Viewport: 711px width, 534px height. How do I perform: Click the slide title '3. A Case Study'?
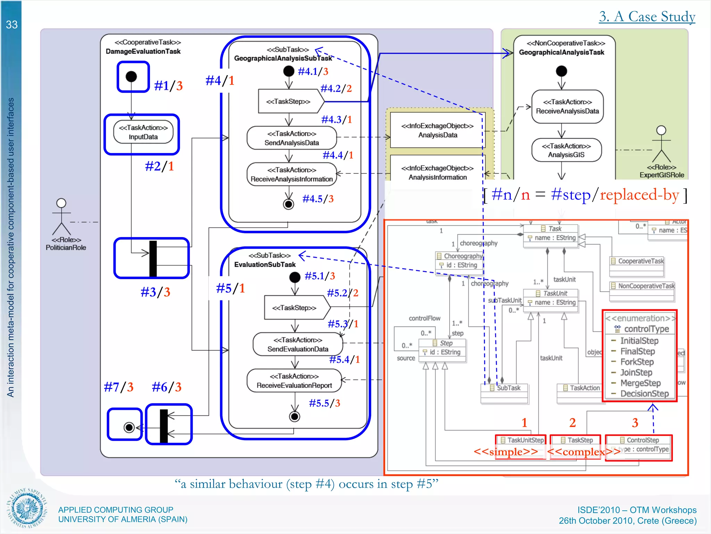coord(647,16)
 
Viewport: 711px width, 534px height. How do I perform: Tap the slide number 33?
coord(11,25)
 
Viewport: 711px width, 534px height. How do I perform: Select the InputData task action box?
coord(143,132)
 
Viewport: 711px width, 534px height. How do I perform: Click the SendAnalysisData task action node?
coord(292,138)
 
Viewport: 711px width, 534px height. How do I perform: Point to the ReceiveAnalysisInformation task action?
coord(292,175)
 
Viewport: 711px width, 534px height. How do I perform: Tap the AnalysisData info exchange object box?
coord(437,130)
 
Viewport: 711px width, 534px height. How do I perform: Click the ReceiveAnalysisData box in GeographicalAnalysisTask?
coord(567,106)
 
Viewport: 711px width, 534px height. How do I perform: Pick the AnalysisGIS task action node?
coord(566,150)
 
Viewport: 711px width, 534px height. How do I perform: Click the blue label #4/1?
coord(220,81)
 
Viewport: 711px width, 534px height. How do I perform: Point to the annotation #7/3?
coord(118,387)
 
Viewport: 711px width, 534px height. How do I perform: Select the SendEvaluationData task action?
coord(298,345)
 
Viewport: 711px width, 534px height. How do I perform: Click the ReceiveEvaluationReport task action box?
coord(294,381)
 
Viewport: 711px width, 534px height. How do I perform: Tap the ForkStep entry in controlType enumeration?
coord(637,362)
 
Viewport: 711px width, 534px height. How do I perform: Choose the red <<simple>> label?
coord(506,452)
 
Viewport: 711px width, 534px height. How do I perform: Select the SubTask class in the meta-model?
coord(505,388)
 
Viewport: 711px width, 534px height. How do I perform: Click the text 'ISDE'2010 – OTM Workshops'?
coord(637,510)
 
